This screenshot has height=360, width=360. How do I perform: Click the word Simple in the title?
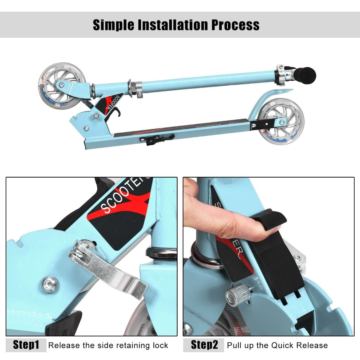point(114,25)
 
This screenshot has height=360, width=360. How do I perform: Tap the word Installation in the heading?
point(172,25)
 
